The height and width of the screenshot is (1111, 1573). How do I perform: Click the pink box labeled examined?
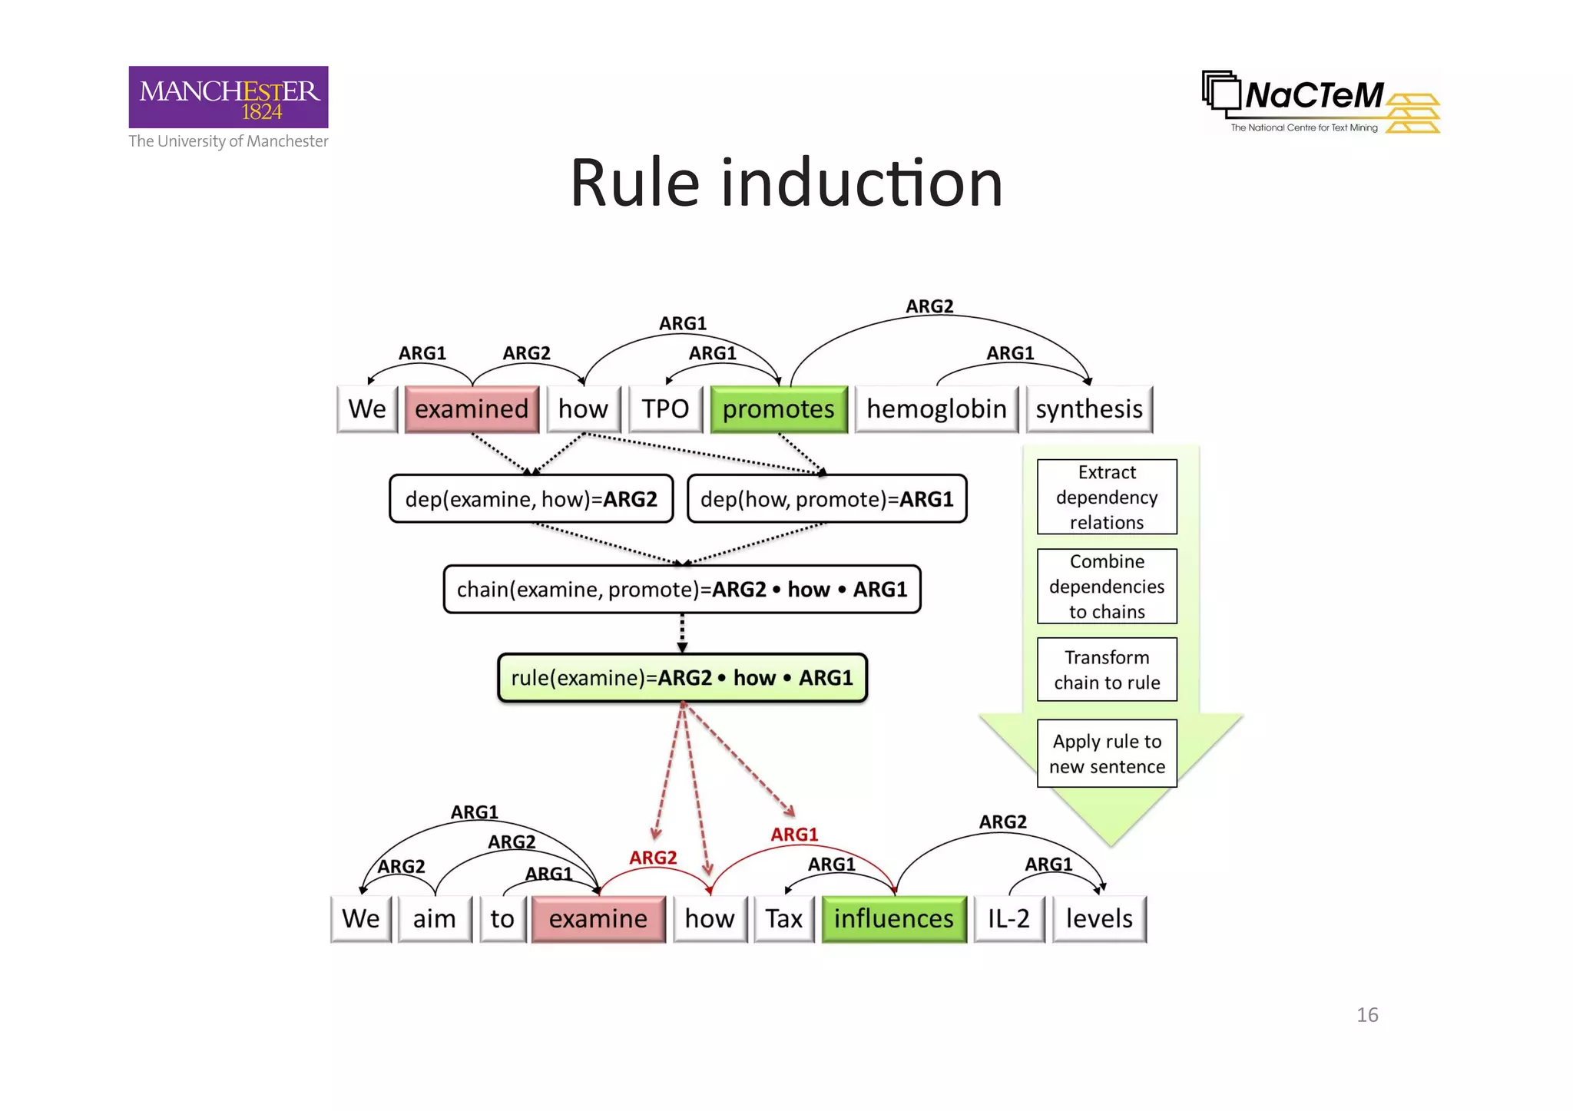coord(472,409)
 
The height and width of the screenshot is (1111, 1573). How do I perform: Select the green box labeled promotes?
coord(778,409)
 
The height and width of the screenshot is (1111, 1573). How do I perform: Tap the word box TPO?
coord(665,409)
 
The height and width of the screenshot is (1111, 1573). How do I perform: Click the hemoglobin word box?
coord(936,409)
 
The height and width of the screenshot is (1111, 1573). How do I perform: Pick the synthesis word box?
coord(1088,409)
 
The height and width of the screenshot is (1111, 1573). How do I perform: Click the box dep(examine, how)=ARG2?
coord(531,499)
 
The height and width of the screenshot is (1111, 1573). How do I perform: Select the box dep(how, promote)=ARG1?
coord(826,499)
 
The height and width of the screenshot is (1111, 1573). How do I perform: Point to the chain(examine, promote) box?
coord(681,590)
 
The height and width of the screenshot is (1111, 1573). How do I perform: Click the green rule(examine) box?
coord(681,678)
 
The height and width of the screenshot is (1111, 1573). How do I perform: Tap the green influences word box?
coord(893,919)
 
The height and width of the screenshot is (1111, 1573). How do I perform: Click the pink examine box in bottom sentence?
coord(598,919)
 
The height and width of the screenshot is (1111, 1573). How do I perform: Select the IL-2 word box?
coord(1008,919)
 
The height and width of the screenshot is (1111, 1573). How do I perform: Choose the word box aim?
coord(434,919)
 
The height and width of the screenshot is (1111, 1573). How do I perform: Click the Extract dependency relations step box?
coord(1106,497)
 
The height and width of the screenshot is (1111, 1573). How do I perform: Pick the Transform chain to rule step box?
coord(1106,670)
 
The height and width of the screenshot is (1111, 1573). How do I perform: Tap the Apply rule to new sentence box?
coord(1106,753)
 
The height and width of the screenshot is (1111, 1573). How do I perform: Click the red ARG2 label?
coord(653,858)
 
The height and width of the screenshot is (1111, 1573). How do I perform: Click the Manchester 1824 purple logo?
coord(228,98)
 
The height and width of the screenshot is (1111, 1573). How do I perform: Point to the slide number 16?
coord(1366,1015)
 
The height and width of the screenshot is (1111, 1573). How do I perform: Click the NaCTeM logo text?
coord(1313,96)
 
